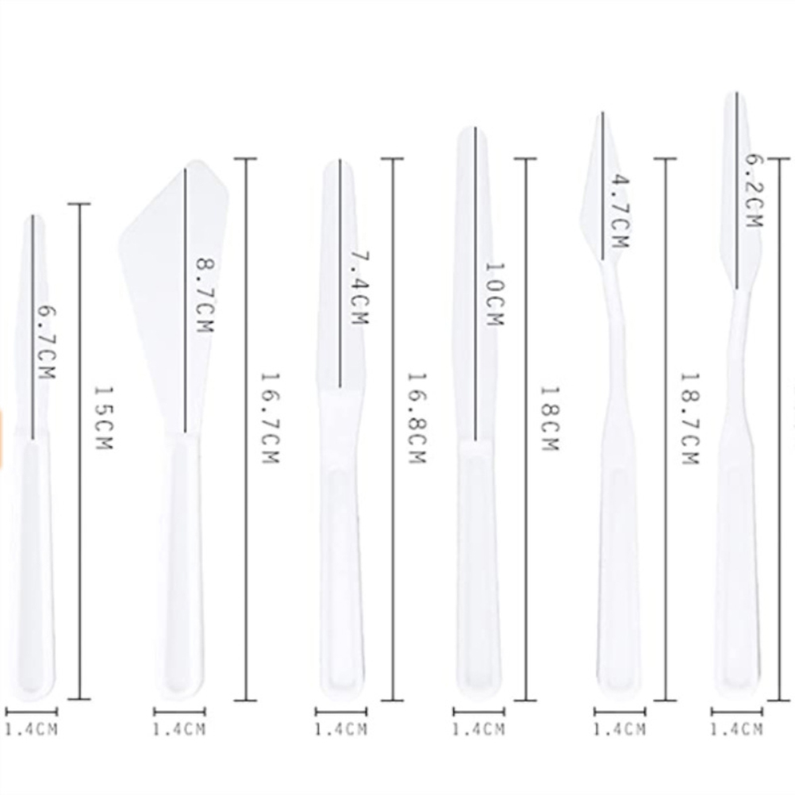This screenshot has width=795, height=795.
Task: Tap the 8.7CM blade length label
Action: coord(205,296)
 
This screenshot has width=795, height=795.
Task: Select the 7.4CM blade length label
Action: coord(359,287)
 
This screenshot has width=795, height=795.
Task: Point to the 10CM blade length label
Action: coord(495,294)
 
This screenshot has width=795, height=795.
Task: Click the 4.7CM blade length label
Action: coord(620,211)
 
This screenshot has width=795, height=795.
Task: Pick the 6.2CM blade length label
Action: coord(754,190)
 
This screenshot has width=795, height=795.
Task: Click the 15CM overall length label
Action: coord(103,418)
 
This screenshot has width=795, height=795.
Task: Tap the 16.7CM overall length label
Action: coord(269,418)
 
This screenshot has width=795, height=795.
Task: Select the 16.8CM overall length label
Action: coord(417,418)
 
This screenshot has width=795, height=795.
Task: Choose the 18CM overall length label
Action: coord(549,419)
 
